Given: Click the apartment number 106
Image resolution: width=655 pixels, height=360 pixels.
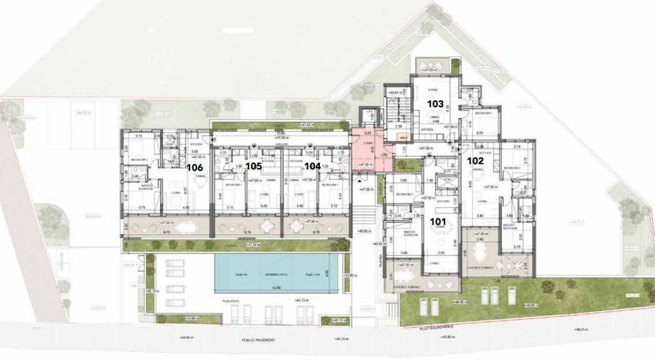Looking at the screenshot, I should click(195, 167).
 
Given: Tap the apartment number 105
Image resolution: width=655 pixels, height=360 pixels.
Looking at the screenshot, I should click(253, 166).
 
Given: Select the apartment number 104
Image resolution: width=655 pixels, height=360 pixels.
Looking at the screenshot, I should click(312, 166).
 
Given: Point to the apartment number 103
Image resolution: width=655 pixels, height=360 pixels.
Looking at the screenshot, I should click(435, 104).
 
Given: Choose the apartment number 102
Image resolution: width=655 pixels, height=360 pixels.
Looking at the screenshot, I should click(475, 160).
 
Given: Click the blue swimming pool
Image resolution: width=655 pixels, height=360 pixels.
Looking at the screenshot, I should click(276, 273).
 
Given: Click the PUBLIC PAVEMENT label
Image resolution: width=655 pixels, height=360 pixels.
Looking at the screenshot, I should click(258, 340).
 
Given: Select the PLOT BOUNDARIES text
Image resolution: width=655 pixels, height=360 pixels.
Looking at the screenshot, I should click(436, 327).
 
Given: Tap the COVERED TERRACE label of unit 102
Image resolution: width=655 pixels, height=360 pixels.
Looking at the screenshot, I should click(479, 267).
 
